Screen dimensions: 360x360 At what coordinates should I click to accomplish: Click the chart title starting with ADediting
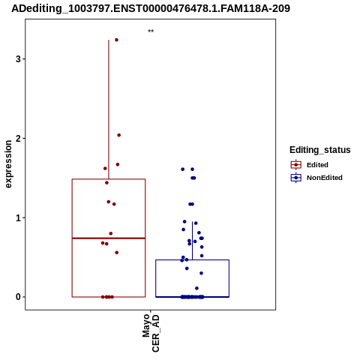coord(151,8)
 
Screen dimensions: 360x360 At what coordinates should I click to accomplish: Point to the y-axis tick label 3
coord(18,59)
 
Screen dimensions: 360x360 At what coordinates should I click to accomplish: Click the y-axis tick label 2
coord(18,138)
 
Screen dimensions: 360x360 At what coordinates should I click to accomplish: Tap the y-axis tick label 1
coord(18,217)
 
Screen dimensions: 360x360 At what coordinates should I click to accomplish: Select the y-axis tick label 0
coord(18,297)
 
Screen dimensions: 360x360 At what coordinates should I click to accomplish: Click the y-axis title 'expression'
coord(8,164)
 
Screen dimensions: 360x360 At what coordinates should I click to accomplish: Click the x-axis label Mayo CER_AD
coord(151,333)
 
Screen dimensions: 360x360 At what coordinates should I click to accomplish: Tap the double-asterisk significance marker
coord(151,31)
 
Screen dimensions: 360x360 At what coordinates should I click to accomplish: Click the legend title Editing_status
coord(320,150)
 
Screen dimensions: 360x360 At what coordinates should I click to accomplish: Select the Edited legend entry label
coord(317,165)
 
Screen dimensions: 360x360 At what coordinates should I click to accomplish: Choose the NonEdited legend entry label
coord(325,178)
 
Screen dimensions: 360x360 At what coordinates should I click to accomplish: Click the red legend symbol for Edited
coord(296,165)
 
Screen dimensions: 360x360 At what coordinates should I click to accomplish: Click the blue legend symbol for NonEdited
coord(296,178)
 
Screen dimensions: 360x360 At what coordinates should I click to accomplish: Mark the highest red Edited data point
coord(116,40)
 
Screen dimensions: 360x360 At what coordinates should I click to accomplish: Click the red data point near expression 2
coord(119,135)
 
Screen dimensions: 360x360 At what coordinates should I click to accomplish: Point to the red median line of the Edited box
coord(109,238)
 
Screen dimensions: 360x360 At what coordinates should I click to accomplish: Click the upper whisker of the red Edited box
coord(109,109)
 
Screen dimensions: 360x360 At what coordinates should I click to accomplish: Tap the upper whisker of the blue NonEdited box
coord(192,241)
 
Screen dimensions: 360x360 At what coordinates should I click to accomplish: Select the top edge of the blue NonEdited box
coord(192,260)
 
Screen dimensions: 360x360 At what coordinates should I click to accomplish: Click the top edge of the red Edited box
coord(109,179)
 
